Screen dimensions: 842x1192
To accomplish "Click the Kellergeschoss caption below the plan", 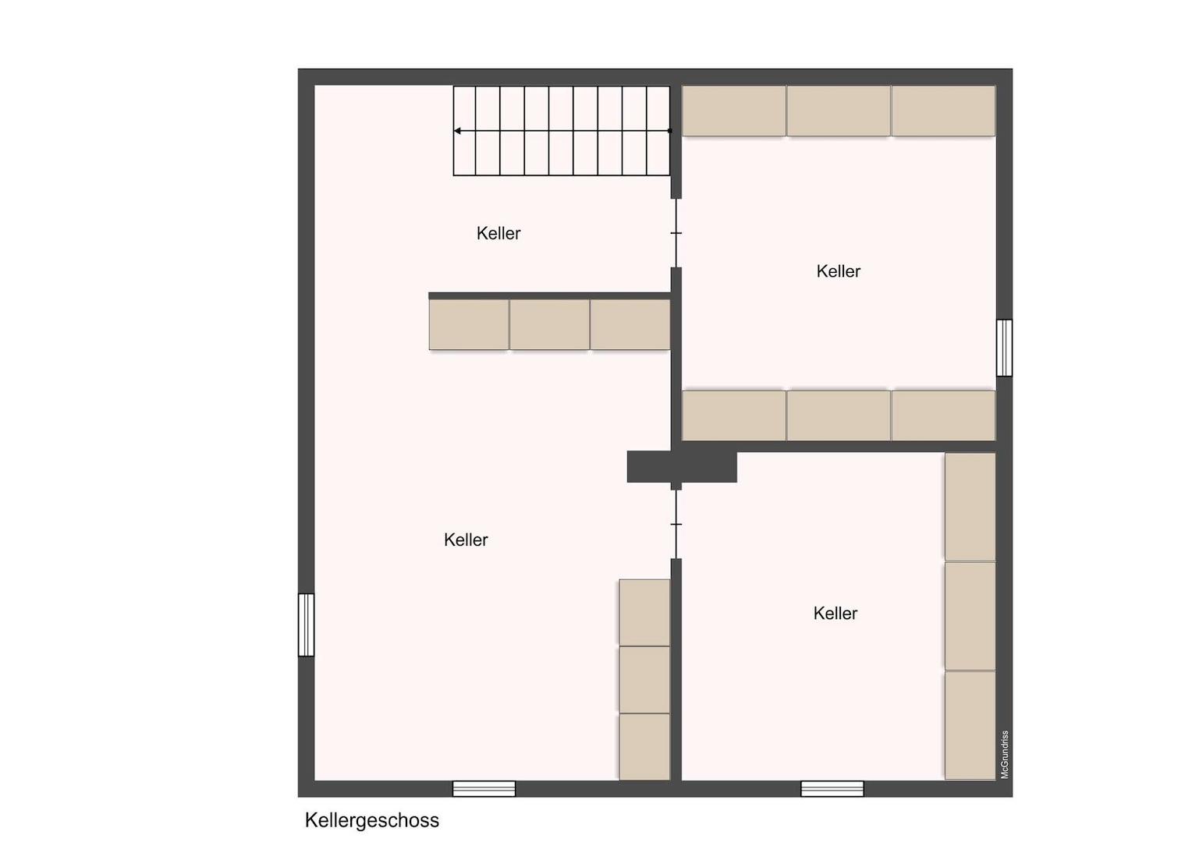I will (x=371, y=820).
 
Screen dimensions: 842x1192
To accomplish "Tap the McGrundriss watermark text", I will (x=1005, y=754).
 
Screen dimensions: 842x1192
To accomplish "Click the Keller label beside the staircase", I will (x=498, y=233).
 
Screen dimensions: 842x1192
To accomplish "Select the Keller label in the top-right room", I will (x=838, y=271).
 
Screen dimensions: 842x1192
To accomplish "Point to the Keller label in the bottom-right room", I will (x=835, y=614).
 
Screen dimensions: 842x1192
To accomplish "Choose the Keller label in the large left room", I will (x=466, y=540).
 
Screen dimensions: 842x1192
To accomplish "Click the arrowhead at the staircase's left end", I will (x=458, y=131).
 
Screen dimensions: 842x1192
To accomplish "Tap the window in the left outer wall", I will (x=307, y=624).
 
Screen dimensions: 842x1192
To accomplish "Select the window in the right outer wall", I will (x=1005, y=348).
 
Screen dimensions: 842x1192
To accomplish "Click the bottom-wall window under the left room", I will (x=484, y=788).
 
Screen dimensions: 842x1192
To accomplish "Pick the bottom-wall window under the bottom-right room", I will (x=832, y=788).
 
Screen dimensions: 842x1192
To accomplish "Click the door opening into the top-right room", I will (x=676, y=233).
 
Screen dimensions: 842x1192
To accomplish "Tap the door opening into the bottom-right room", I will (x=676, y=524).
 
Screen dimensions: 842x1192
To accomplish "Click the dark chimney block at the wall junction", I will (x=682, y=466).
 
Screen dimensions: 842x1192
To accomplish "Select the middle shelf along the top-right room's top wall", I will (x=839, y=111).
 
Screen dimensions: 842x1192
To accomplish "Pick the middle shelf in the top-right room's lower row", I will (x=839, y=416).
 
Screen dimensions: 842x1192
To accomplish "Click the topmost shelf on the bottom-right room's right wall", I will (x=970, y=507).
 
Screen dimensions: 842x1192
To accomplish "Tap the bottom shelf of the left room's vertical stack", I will (x=644, y=746).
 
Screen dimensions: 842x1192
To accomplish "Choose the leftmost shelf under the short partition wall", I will (x=469, y=324).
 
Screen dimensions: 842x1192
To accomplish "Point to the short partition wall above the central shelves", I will (x=549, y=296).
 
